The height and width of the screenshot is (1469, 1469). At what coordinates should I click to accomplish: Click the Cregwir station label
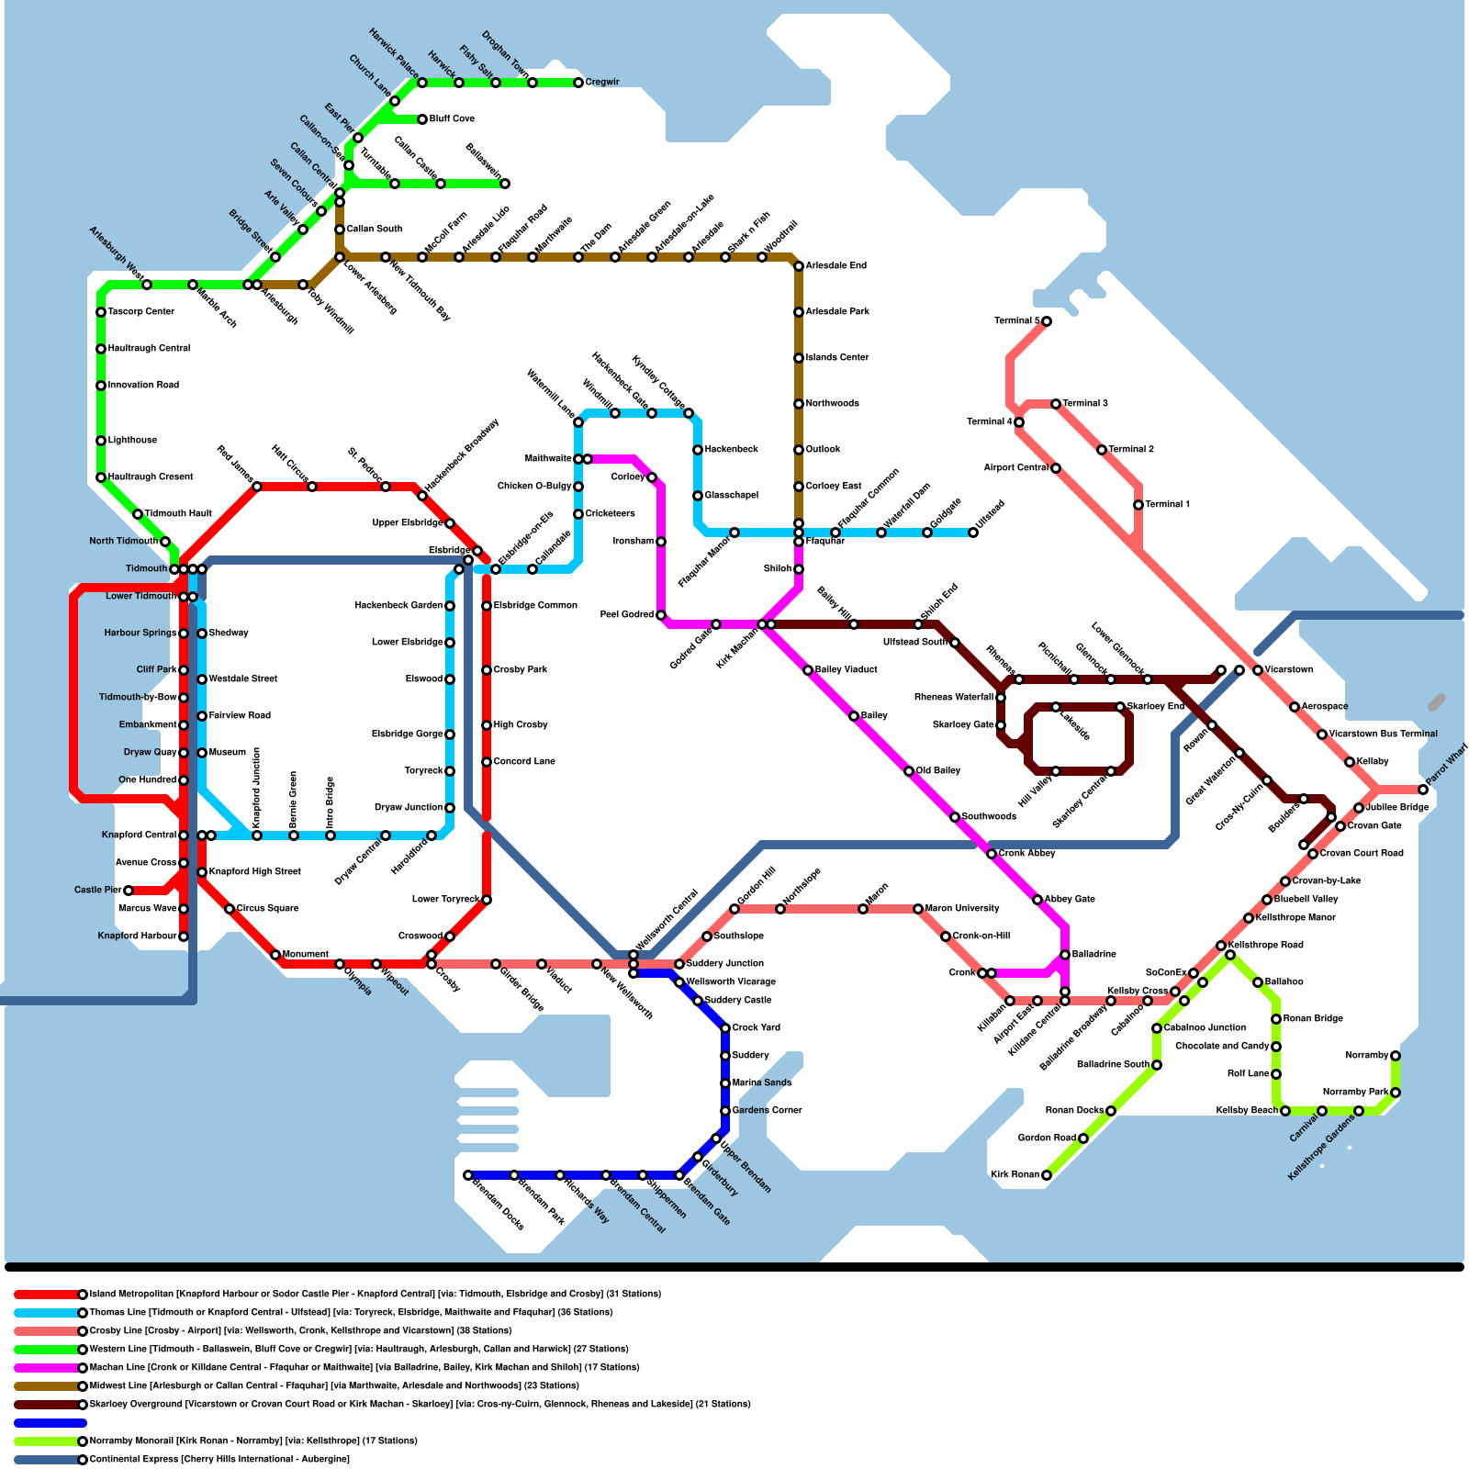click(x=602, y=83)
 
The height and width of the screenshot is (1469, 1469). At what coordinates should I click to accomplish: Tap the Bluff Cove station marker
click(x=422, y=119)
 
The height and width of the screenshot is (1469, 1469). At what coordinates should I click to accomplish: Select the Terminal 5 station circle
click(x=1047, y=321)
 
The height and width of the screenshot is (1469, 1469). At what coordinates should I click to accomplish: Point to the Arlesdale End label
click(x=835, y=266)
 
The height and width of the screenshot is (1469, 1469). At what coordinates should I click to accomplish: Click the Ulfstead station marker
click(x=973, y=533)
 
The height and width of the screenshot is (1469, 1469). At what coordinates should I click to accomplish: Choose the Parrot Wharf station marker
click(x=1423, y=790)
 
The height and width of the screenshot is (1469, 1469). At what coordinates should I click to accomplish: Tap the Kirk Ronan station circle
click(x=1047, y=1175)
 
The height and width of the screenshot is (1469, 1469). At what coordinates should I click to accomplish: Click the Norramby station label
click(x=1366, y=1056)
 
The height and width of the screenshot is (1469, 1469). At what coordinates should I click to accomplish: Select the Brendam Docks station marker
click(x=468, y=1175)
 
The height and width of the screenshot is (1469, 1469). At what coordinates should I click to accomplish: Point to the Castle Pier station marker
click(x=129, y=891)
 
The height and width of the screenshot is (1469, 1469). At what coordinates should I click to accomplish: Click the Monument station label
click(x=305, y=955)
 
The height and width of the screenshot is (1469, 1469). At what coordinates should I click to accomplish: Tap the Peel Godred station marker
click(x=661, y=615)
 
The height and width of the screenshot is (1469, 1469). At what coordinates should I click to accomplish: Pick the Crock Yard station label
click(x=757, y=1028)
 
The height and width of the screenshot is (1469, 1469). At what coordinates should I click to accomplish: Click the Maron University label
click(x=962, y=909)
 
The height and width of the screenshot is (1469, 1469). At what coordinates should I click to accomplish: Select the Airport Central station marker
click(x=1056, y=468)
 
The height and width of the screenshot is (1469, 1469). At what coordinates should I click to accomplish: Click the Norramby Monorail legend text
click(x=253, y=1441)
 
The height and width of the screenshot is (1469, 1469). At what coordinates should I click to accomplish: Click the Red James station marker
click(x=257, y=487)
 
